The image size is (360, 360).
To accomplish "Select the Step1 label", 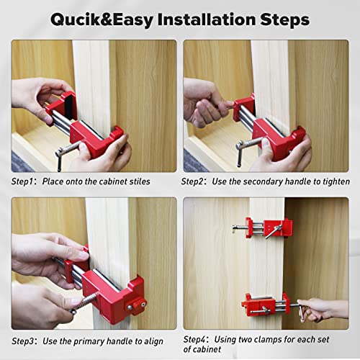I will coord(24,182).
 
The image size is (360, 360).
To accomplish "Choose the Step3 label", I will coord(24,341).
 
